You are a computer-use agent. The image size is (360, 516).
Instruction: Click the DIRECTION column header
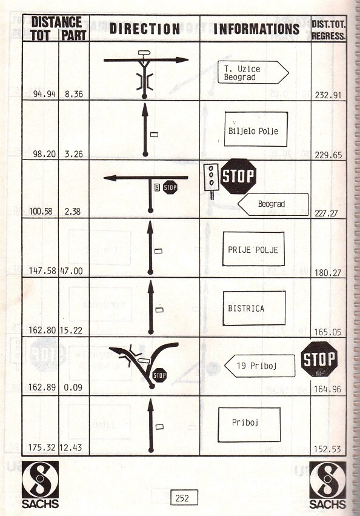(x=145, y=28)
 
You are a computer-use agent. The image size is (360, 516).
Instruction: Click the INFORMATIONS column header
(x=256, y=28)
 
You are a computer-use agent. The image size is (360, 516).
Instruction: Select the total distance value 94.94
(x=44, y=94)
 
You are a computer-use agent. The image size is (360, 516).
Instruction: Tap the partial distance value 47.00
(x=72, y=271)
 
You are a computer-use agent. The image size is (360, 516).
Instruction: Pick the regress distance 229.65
(x=328, y=155)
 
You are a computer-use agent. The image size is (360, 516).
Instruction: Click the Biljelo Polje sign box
(x=256, y=129)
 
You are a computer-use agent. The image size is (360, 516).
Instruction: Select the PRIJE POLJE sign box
(x=253, y=249)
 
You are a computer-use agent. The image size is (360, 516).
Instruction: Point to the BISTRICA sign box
(x=254, y=309)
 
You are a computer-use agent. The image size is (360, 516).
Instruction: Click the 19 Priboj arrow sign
(x=259, y=366)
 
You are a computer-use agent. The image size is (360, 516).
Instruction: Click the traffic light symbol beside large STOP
(x=211, y=181)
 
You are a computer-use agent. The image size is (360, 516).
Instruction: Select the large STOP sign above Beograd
(x=238, y=176)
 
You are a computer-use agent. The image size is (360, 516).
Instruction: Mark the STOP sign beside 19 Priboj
(x=319, y=359)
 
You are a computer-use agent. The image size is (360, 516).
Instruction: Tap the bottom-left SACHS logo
(x=40, y=484)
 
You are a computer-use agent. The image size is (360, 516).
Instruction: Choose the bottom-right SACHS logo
(x=327, y=485)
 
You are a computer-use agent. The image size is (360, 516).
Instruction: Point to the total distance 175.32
(x=42, y=447)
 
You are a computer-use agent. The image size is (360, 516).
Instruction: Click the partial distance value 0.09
(x=73, y=387)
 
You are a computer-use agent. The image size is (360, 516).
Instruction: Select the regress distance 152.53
(x=327, y=449)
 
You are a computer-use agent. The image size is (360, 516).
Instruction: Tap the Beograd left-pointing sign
(x=273, y=204)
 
